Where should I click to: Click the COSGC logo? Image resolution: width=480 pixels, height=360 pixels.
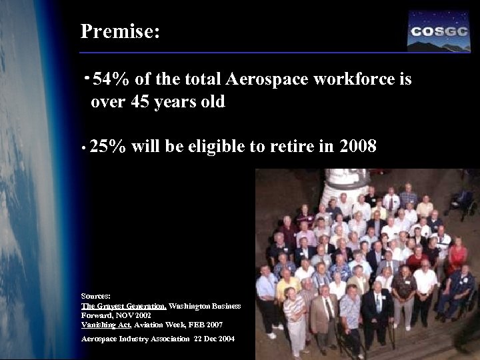pyautogui.click(x=438, y=31)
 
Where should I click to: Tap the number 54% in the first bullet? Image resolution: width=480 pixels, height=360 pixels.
pyautogui.click(x=112, y=80)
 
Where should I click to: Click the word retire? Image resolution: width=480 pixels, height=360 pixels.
pyautogui.click(x=293, y=146)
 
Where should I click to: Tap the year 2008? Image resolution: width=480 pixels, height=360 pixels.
pyautogui.click(x=358, y=146)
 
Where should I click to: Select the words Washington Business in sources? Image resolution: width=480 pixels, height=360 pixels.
pyautogui.click(x=205, y=305)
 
